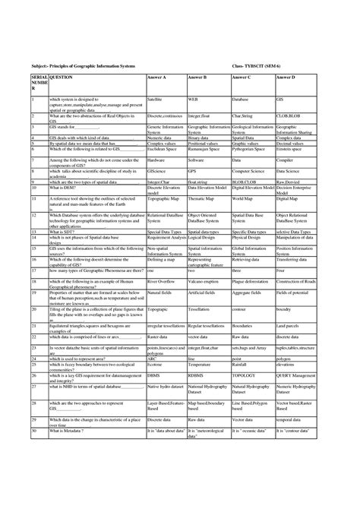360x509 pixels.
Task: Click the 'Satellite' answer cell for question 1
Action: (154, 100)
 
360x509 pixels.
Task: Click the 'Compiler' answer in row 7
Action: (284, 161)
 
